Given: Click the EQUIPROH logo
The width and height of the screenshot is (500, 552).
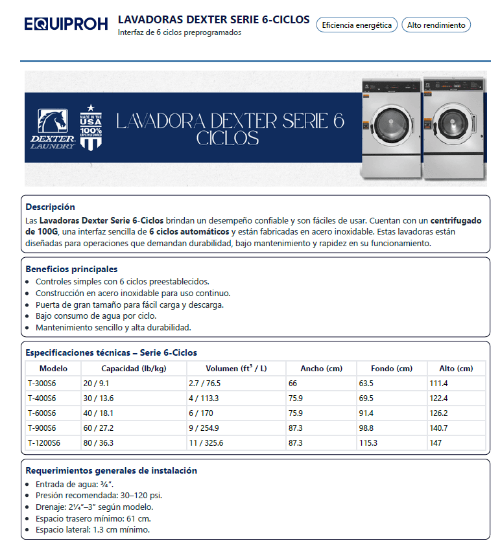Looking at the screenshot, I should click(66, 25).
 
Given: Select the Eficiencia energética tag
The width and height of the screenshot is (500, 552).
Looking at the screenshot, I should click(356, 25).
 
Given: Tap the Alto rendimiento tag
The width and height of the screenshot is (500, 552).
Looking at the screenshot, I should click(436, 25).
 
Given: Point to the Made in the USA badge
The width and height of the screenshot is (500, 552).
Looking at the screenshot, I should click(91, 127).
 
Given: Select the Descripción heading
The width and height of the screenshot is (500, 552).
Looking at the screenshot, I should click(50, 207).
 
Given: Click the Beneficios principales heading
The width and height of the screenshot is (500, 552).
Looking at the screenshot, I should click(71, 269).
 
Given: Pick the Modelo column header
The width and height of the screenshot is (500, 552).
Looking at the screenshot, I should click(53, 369).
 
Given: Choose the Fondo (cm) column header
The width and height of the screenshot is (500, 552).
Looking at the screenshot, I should click(391, 369).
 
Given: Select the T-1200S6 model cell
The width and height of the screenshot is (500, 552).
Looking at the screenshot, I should click(43, 443).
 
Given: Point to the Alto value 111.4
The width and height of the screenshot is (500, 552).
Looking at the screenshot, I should click(439, 384).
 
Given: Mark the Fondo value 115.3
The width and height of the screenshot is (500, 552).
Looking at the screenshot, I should click(368, 443).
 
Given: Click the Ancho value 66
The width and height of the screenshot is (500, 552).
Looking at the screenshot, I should click(293, 384).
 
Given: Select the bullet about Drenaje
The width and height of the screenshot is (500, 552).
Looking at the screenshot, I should click(94, 507).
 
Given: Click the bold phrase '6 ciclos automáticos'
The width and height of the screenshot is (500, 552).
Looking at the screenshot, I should click(189, 231).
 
